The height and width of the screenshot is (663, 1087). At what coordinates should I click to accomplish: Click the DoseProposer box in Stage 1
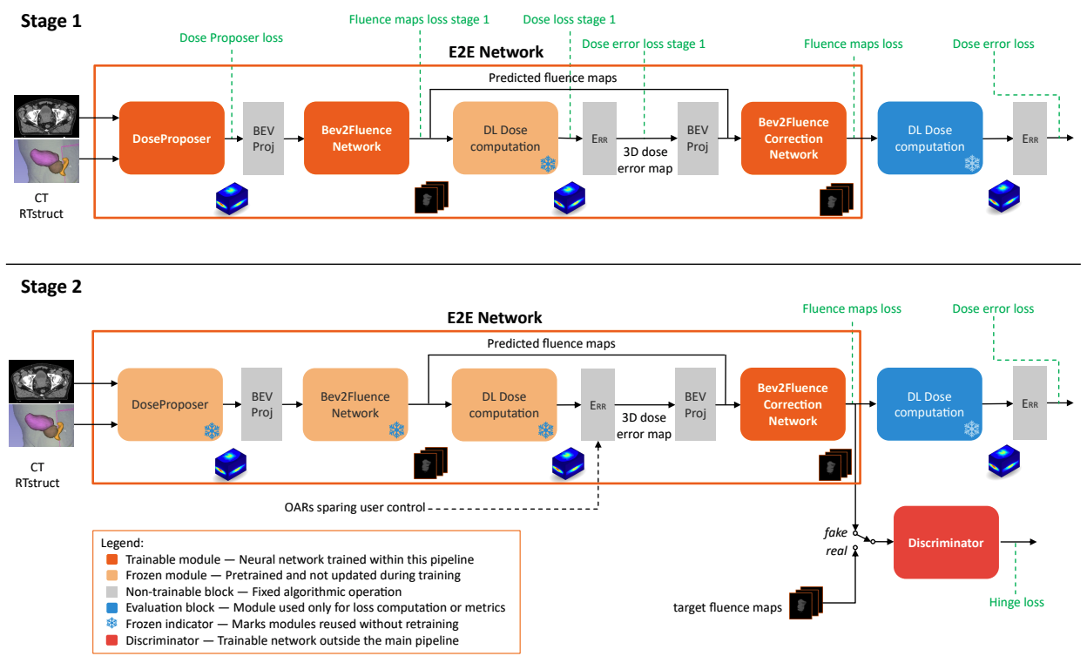click(172, 139)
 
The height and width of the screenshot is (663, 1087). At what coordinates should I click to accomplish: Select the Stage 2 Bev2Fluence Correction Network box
click(793, 404)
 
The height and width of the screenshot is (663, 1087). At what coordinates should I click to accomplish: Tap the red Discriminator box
click(946, 543)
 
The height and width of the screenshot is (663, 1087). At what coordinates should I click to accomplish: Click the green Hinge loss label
click(1016, 602)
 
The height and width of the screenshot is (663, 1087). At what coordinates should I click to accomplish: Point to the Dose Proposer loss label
click(231, 37)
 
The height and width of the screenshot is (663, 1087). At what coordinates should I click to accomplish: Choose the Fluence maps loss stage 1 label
click(419, 19)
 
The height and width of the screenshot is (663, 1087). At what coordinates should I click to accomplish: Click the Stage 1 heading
click(51, 22)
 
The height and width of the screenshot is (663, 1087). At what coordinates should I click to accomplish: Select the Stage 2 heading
click(51, 287)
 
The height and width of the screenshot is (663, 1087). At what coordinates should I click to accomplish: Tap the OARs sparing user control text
click(354, 508)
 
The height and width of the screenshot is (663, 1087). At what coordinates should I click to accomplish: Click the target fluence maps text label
click(727, 607)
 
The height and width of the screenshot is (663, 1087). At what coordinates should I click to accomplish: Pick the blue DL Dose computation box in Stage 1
click(930, 139)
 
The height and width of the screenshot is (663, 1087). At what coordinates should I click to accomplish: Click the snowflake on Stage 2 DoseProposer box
click(212, 430)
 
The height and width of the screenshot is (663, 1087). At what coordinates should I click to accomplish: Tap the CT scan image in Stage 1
click(46, 116)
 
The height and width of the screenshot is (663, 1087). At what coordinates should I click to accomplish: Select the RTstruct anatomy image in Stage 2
click(41, 426)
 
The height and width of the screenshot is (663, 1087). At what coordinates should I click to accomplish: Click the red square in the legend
click(112, 640)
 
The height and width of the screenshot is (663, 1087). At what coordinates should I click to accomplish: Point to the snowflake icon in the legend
click(112, 624)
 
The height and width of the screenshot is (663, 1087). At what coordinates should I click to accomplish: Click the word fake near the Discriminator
click(835, 533)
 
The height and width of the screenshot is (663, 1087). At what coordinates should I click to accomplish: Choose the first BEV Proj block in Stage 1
click(264, 139)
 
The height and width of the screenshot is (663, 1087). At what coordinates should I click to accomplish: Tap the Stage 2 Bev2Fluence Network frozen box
click(355, 404)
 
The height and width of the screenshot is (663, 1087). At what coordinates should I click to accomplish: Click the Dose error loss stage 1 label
click(644, 44)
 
